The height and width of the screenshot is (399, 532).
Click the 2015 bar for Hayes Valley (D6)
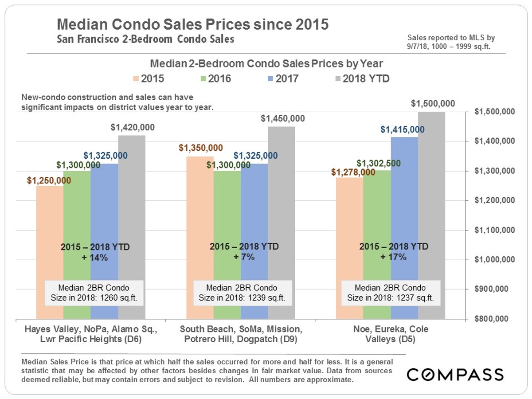(50, 252)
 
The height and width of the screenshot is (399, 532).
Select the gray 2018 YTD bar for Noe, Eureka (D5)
(431, 215)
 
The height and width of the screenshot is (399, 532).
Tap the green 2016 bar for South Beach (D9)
(227, 245)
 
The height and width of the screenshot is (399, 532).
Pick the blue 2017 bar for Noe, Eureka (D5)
(404, 228)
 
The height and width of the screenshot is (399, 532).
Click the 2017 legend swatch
(270, 79)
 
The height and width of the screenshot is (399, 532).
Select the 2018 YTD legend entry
(363, 79)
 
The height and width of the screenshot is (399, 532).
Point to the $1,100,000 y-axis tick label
(494, 230)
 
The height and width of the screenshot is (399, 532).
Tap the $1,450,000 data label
(282, 118)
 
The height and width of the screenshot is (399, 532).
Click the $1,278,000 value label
(353, 172)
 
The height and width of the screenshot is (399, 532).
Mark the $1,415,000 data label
(403, 129)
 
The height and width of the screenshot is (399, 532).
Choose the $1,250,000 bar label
(49, 180)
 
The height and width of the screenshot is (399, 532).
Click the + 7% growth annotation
(244, 257)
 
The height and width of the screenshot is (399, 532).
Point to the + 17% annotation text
(393, 257)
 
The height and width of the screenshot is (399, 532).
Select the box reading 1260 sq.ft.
(94, 293)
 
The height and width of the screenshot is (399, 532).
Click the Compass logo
(455, 374)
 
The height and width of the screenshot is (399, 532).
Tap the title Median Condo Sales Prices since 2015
(193, 24)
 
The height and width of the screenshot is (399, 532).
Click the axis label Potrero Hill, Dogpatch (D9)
(241, 339)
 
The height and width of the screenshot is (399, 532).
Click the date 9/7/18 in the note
(417, 46)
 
